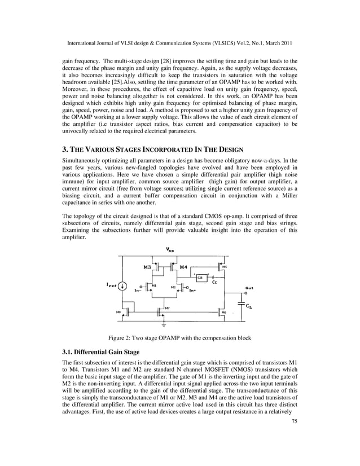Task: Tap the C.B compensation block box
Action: [200, 276]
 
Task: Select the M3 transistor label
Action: [147, 266]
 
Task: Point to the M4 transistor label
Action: [183, 266]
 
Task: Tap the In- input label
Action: [137, 291]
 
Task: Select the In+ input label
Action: [192, 291]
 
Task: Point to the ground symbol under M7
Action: [164, 325]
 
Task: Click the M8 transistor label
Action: [118, 311]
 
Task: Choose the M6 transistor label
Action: [224, 312]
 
